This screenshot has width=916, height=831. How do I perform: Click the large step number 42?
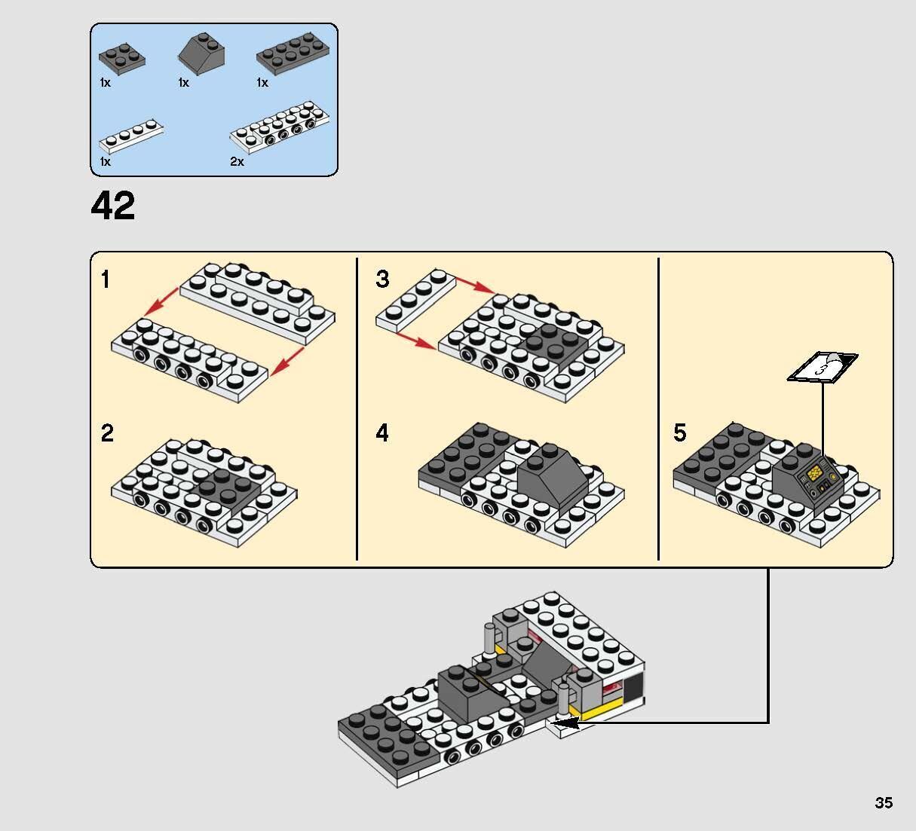tap(113, 206)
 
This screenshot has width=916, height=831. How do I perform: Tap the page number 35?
tap(884, 802)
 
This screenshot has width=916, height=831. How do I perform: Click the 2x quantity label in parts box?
tap(237, 162)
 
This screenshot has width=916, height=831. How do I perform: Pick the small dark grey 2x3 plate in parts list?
tap(121, 57)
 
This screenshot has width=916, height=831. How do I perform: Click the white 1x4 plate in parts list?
tap(132, 136)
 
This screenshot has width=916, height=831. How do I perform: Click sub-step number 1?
tap(106, 280)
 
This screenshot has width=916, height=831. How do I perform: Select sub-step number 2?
tap(107, 434)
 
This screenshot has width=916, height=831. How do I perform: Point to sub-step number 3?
tap(382, 280)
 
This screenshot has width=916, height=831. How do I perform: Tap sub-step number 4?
tap(382, 434)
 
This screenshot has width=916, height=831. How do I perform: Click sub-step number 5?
tap(680, 433)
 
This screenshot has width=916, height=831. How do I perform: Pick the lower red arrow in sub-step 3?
tap(416, 341)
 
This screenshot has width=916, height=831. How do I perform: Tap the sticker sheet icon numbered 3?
tap(823, 368)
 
